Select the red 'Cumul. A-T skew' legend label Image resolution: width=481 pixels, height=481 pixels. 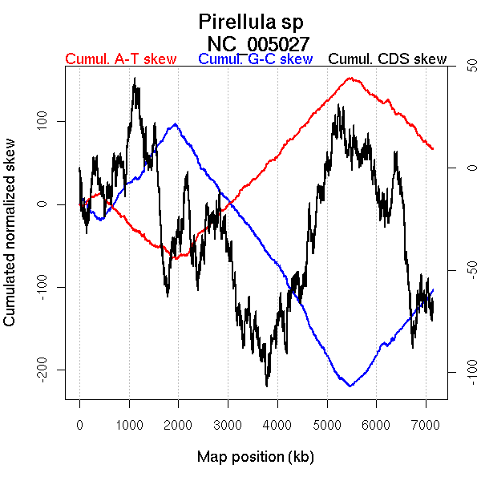[120, 59]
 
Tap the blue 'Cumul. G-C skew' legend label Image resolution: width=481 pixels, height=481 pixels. [255, 59]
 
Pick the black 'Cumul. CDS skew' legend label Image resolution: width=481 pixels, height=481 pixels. [387, 59]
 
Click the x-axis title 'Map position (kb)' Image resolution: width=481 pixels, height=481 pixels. [255, 457]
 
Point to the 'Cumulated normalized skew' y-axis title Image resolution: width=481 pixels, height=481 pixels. [10, 241]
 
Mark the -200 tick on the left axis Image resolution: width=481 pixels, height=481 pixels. [46, 370]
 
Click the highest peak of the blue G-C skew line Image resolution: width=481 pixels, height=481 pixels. [175, 124]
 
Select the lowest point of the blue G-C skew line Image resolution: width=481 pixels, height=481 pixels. [350, 386]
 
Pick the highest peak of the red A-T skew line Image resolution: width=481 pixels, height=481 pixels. [350, 78]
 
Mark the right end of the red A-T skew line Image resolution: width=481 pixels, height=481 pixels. [433, 149]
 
